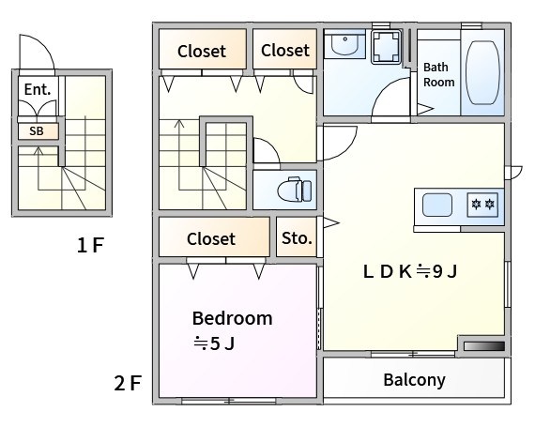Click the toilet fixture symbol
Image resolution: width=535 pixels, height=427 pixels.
tap(295, 190)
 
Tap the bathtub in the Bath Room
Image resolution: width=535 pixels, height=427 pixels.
tap(482, 72)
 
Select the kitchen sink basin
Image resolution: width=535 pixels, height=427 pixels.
tap(437, 205)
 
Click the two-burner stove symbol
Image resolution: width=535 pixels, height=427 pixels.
tap(482, 205)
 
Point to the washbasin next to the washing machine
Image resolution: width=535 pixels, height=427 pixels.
tap(345, 44)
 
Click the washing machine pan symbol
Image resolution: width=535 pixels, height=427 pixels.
tap(387, 47)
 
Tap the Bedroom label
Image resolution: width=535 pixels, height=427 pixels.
tap(233, 318)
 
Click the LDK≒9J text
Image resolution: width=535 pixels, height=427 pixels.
tap(410, 271)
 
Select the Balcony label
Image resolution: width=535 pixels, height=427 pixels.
tap(414, 380)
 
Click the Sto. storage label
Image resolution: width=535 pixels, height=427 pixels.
tap(297, 238)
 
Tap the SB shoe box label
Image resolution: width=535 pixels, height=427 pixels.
tap(37, 131)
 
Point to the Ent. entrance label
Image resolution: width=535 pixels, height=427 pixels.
tap(38, 89)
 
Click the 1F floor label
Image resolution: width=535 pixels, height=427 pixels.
tap(90, 245)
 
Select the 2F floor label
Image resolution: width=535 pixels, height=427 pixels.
tap(128, 383)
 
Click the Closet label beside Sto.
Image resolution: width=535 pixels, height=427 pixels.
tap(211, 238)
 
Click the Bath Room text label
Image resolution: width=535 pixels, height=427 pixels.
tap(438, 75)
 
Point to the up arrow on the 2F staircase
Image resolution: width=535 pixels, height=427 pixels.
tap(179, 155)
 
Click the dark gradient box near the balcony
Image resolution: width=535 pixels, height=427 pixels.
tap(484, 346)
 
